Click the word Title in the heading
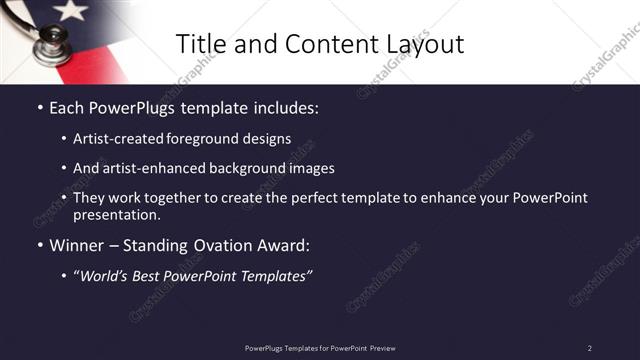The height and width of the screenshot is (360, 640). [x=199, y=44]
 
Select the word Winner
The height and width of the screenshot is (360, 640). [x=78, y=245]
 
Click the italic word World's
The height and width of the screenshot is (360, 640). [x=106, y=275]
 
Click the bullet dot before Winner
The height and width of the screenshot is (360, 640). [x=39, y=245]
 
